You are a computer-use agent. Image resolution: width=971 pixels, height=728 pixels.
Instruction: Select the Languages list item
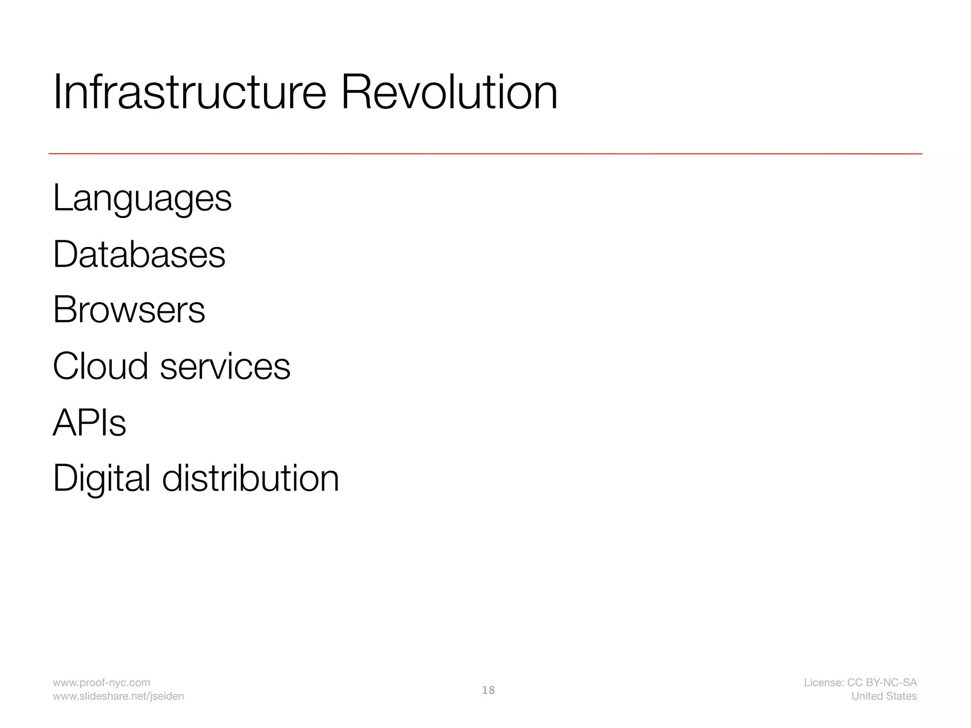[x=142, y=199]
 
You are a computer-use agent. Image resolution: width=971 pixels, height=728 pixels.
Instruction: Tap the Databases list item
[x=139, y=255]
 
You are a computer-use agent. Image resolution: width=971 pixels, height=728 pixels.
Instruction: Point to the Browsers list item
[x=129, y=310]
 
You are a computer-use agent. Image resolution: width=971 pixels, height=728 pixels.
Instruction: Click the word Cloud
[x=101, y=366]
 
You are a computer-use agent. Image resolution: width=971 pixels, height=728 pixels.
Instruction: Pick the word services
[x=225, y=367]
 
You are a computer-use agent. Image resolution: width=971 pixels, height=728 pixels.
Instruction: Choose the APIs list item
[x=90, y=422]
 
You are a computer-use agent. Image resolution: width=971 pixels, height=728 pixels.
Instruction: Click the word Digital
[x=101, y=479]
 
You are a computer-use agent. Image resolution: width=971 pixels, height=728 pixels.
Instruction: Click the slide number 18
[x=488, y=690]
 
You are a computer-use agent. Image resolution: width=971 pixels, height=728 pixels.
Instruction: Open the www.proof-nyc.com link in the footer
[x=101, y=682]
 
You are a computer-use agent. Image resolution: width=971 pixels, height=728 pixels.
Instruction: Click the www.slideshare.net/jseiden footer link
[x=118, y=696]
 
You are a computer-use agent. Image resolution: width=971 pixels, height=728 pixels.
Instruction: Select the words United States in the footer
[x=884, y=696]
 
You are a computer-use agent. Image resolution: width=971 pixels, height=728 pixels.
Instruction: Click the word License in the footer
[x=823, y=682]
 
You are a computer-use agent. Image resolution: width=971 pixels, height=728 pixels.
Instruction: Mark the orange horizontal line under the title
[x=485, y=154]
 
